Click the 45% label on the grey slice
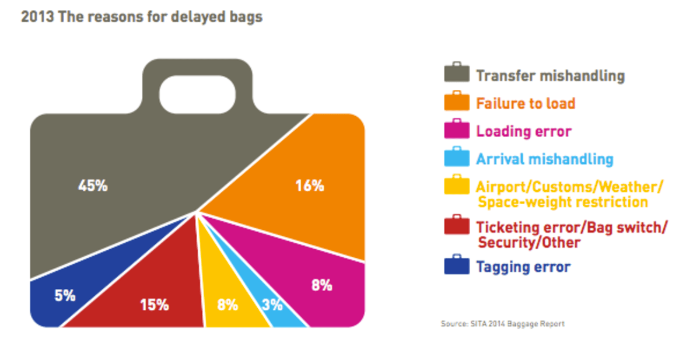click(93, 187)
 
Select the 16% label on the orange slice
click(309, 186)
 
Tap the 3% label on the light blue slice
click(272, 305)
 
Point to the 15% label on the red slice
click(155, 305)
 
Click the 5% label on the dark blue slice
click(65, 296)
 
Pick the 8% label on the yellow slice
click(228, 305)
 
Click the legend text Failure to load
click(526, 104)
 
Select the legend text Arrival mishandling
click(544, 159)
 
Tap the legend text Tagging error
click(523, 267)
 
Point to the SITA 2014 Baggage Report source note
click(503, 323)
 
